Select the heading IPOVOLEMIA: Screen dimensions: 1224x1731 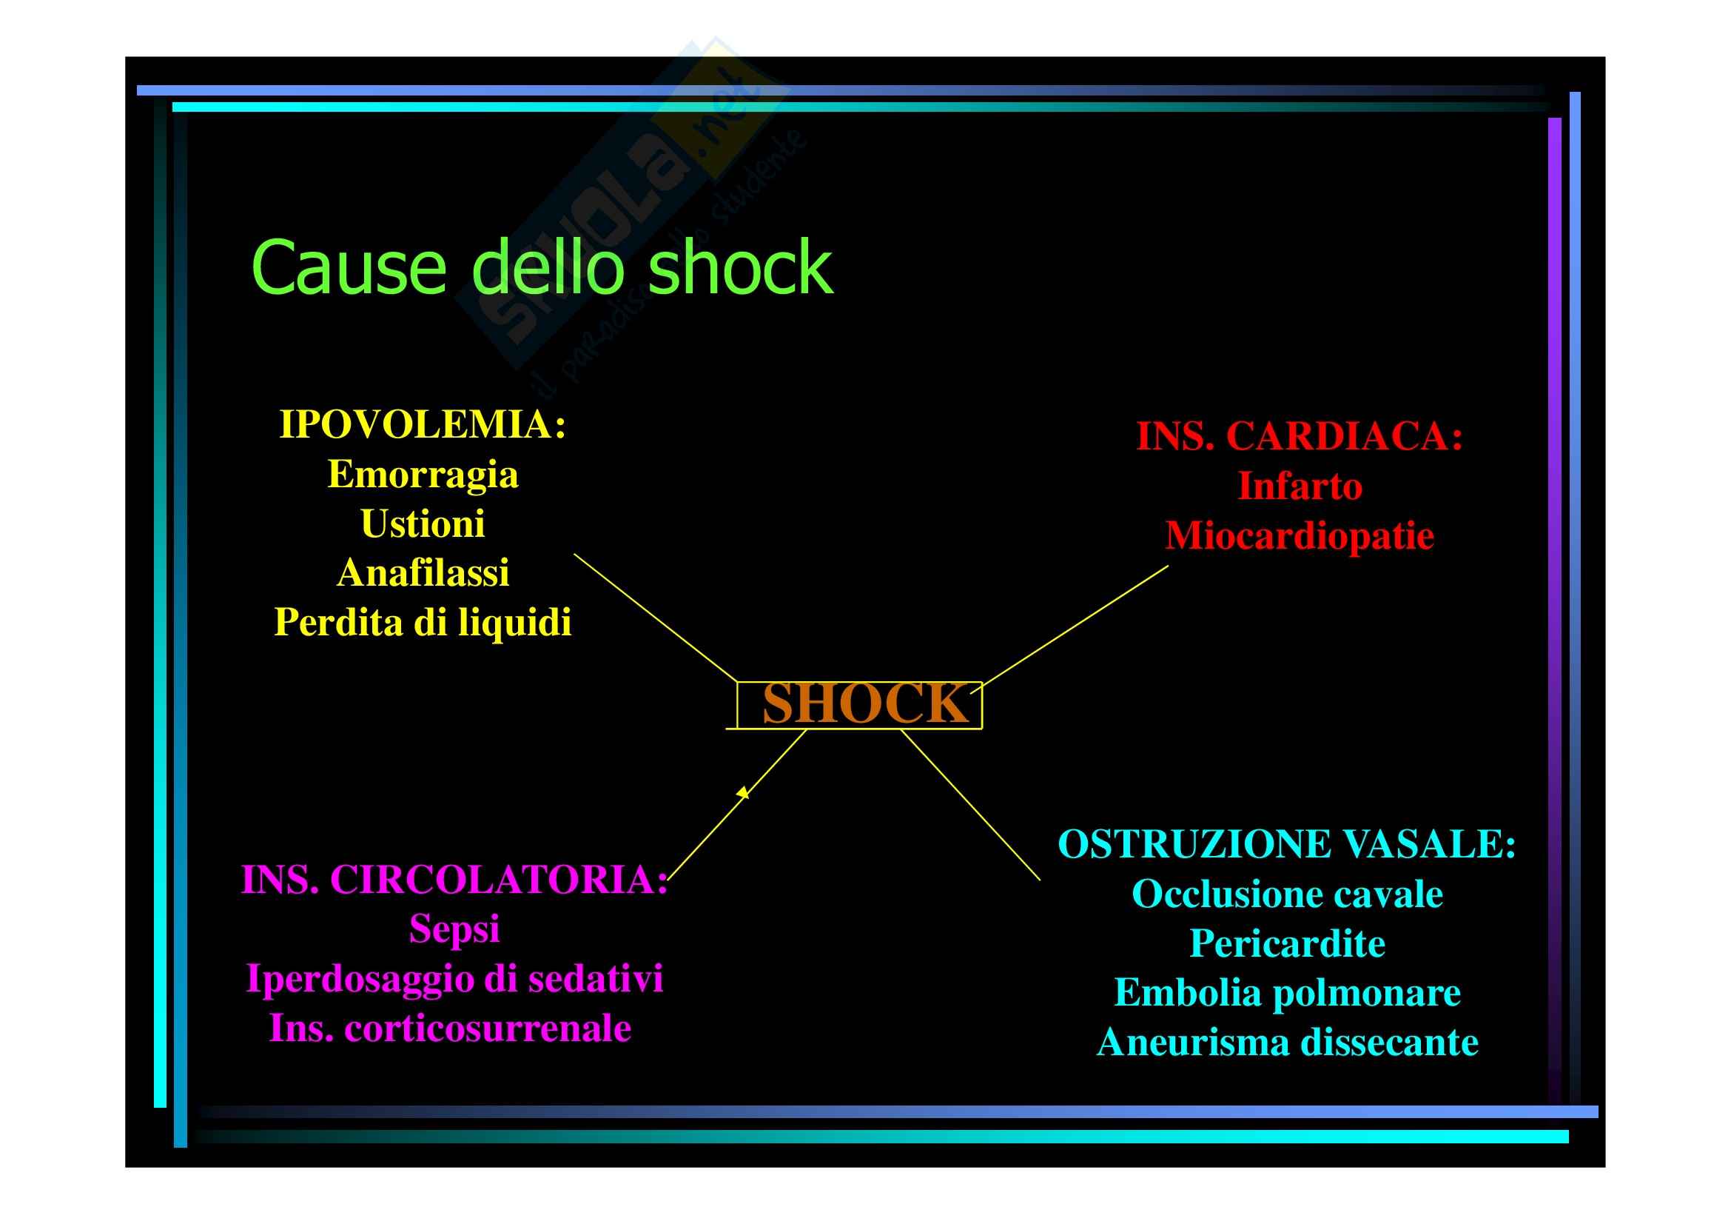(422, 424)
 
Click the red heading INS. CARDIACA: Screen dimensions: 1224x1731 (1299, 436)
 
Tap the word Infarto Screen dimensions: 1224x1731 (1299, 486)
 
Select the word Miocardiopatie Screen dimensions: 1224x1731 (1299, 535)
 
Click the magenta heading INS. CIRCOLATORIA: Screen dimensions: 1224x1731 (454, 880)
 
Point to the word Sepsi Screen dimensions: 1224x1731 (454, 929)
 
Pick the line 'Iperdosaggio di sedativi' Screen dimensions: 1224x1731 (454, 978)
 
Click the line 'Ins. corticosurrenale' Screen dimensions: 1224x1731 (450, 1028)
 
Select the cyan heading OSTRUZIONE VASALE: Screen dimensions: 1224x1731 (1286, 844)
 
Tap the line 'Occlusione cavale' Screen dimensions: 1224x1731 (1286, 894)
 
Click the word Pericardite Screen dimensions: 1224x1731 (1286, 943)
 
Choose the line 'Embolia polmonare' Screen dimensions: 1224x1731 (1286, 992)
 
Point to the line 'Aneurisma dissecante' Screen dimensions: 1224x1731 (1286, 1043)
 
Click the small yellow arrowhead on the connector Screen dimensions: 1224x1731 (743, 792)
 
